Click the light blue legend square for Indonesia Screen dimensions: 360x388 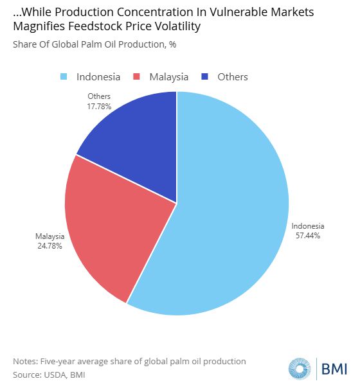point(64,76)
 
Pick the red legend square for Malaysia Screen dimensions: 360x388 point(136,76)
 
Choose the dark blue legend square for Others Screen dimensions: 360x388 point(204,76)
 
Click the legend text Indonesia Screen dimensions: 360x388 point(98,77)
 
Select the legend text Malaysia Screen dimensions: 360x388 point(169,77)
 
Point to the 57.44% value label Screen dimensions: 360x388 point(308,235)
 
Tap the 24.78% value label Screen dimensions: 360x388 point(50,246)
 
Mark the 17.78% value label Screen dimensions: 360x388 point(99,107)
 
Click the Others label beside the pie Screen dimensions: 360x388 point(99,96)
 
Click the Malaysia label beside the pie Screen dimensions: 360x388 point(50,236)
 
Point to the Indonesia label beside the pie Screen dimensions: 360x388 point(308,226)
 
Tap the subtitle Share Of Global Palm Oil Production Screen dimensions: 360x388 point(89,44)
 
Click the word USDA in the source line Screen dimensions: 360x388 point(55,375)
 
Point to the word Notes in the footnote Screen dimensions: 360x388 point(26,362)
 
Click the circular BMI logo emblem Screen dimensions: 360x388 point(300,369)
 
